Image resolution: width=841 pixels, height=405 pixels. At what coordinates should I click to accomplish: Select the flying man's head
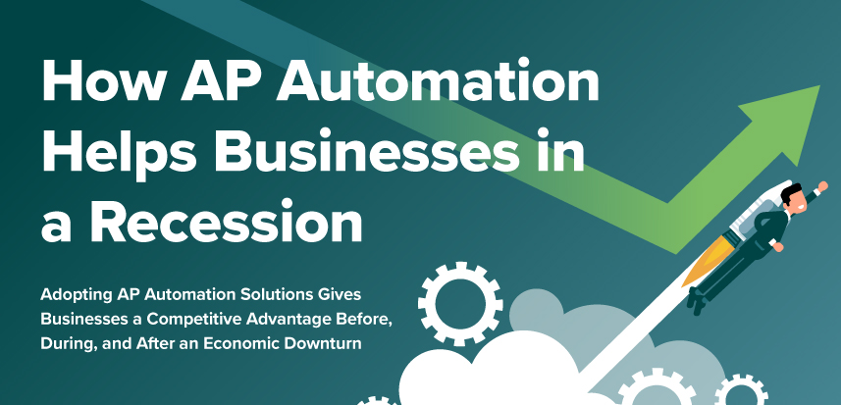coord(796,202)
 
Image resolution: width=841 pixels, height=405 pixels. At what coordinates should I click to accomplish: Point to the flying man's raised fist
coord(823,185)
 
